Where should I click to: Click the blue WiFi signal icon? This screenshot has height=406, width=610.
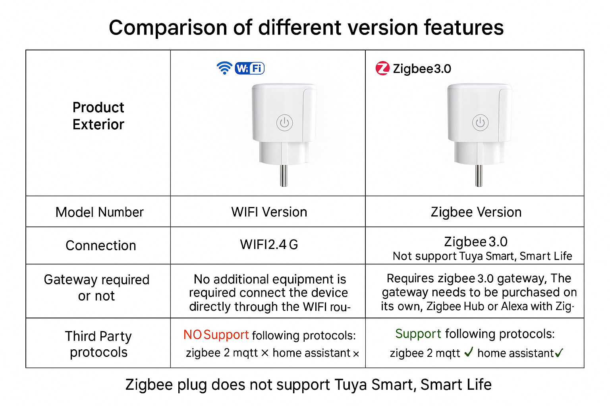click(224, 68)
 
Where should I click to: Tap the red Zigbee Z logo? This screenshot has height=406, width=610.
click(382, 68)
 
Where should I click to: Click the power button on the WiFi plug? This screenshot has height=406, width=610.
click(285, 123)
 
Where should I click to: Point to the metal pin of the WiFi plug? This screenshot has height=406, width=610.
click(284, 176)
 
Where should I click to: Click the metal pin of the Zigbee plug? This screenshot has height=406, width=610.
click(479, 176)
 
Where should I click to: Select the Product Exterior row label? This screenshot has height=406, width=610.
click(98, 116)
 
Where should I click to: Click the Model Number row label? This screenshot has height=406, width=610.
click(99, 212)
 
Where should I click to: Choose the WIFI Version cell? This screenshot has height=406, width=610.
click(269, 212)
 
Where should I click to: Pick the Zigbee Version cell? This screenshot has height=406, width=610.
click(476, 212)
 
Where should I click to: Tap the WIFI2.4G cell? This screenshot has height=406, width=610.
click(269, 244)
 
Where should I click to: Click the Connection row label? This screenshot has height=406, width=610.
click(101, 245)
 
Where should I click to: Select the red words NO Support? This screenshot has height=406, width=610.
click(216, 335)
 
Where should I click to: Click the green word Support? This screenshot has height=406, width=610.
click(418, 334)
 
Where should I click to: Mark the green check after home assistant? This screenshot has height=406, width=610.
click(559, 353)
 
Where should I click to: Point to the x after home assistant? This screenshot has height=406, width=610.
click(356, 354)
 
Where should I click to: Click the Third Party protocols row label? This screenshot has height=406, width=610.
click(98, 344)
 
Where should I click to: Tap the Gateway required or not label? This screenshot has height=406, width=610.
click(97, 288)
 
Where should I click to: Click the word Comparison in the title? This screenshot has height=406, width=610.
click(168, 28)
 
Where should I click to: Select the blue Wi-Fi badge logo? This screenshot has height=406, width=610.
click(250, 68)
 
